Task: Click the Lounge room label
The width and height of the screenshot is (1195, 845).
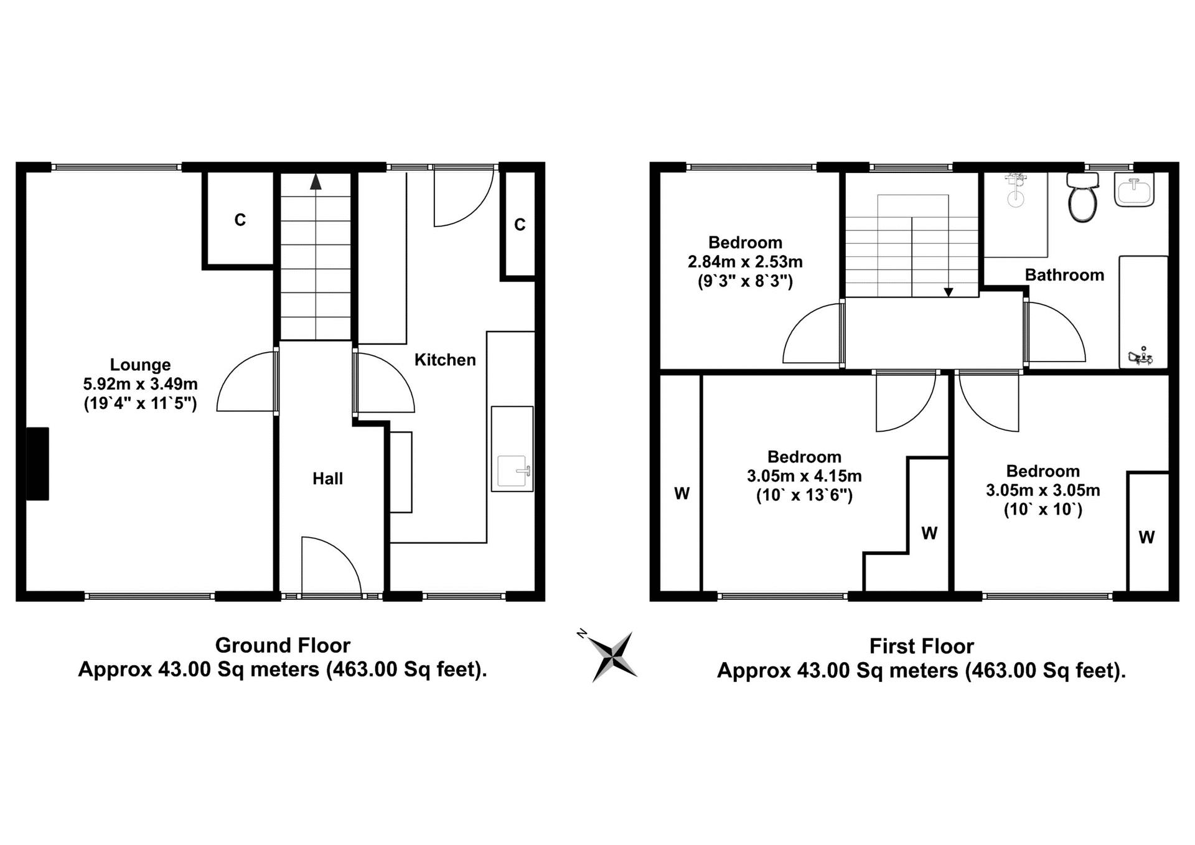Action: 140,365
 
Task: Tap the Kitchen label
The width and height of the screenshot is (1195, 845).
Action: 445,360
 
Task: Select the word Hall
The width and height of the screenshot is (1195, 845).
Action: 327,479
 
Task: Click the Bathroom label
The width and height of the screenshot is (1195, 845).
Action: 1064,275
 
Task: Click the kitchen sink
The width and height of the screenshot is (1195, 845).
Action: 512,471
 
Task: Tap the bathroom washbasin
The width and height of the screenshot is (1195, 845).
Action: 1134,189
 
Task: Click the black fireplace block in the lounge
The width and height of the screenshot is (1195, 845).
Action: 37,464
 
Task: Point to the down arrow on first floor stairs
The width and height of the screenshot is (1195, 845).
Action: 949,292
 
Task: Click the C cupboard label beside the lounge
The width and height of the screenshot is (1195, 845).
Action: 240,220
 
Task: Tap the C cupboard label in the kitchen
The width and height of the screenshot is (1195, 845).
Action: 520,225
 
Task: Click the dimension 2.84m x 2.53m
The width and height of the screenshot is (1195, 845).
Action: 745,262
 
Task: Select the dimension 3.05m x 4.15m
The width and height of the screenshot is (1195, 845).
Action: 804,477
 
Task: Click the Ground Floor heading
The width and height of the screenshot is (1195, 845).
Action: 283,645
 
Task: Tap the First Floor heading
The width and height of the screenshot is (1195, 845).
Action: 921,647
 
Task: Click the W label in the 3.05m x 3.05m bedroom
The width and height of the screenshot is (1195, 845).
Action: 1146,537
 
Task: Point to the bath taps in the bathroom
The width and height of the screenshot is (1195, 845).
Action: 1141,356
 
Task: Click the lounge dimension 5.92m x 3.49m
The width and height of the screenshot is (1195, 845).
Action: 140,384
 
